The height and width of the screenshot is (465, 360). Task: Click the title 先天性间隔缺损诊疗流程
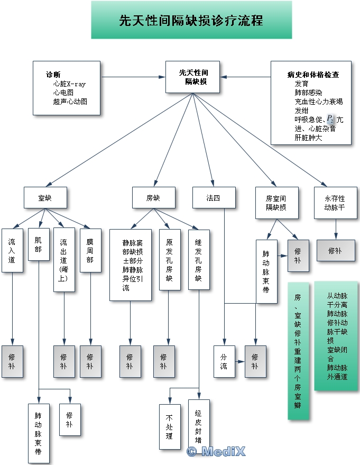191,21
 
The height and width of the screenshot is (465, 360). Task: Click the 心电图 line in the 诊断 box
63,92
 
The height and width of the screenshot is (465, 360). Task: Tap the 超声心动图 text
70,101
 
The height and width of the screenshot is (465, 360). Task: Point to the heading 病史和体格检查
313,75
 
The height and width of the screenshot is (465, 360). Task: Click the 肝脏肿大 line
308,138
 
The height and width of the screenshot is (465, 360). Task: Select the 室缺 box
45,198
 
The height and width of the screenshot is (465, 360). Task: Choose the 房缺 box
153,198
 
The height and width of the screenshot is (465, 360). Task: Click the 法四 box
213,198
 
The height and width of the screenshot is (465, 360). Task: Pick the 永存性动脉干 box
335,203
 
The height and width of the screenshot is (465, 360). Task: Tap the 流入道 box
12,250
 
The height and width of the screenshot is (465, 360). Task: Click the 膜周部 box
90,250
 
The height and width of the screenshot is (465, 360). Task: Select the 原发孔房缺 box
169,259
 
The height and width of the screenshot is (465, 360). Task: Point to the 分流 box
224,361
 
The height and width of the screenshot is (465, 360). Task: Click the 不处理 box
170,427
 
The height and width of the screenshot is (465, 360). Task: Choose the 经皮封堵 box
199,423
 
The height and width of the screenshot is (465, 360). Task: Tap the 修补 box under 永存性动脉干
336,250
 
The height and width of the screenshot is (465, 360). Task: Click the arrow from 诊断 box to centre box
133,77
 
